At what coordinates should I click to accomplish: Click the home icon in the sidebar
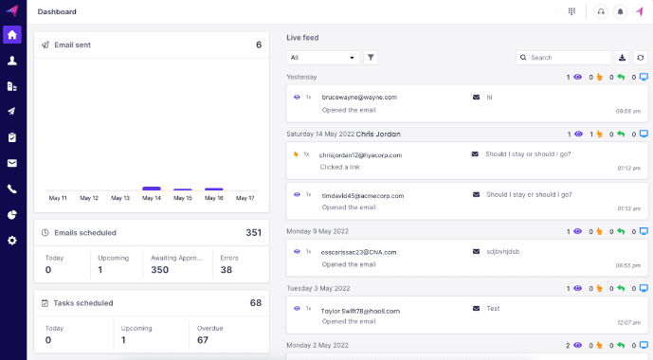tap(12, 35)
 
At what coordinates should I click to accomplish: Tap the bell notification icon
tap(620, 11)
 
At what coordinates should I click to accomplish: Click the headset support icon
tap(600, 11)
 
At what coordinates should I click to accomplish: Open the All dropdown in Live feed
tap(323, 58)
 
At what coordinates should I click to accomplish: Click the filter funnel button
tap(371, 58)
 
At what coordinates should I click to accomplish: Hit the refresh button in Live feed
tap(641, 58)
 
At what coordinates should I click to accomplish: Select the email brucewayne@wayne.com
tap(359, 98)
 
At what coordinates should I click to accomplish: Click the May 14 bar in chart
tap(152, 189)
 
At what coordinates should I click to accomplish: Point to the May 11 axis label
tap(58, 198)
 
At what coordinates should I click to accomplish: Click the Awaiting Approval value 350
tap(158, 270)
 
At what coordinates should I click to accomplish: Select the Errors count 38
tap(226, 270)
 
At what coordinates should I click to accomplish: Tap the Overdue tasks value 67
tap(203, 340)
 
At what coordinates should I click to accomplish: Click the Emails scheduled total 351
tap(253, 232)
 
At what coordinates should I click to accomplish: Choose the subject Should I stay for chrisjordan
tap(528, 153)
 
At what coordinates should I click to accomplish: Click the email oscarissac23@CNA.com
tap(359, 252)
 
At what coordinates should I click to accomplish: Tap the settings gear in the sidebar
tap(12, 240)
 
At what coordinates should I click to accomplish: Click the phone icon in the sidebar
tap(12, 189)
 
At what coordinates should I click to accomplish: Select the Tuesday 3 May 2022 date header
tap(318, 287)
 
